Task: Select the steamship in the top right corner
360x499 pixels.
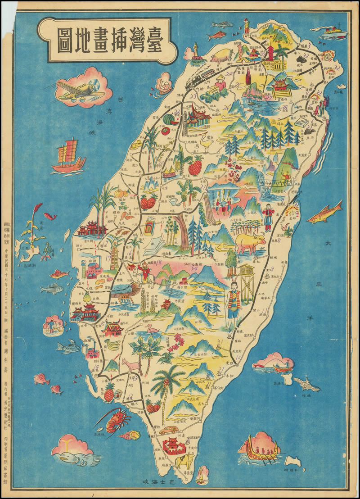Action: click(334, 32)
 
